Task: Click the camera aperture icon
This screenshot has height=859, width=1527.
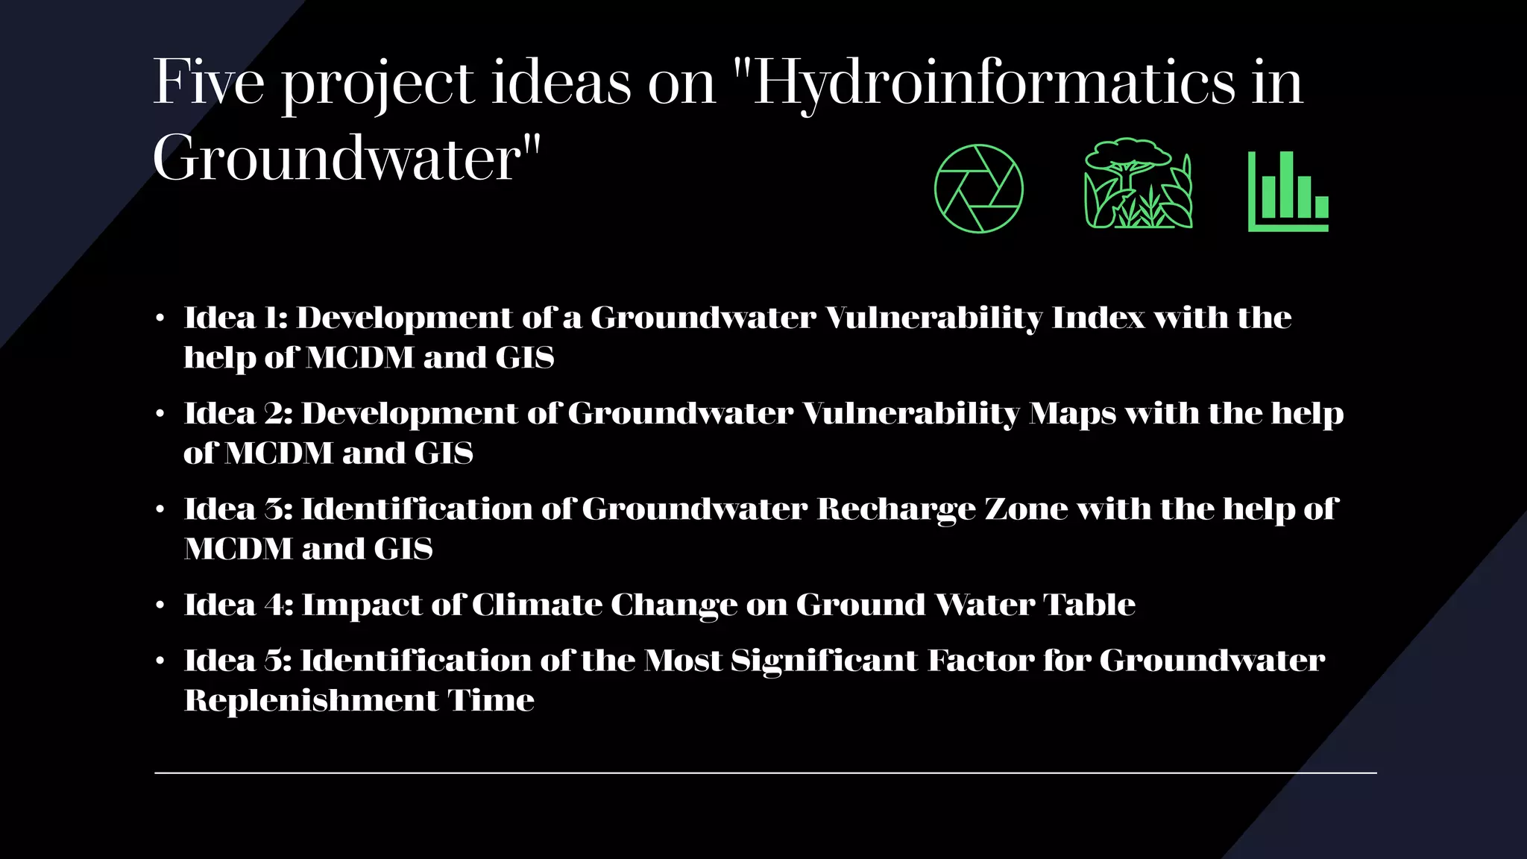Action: coord(978,189)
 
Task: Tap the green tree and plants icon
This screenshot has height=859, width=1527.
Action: coord(1138,183)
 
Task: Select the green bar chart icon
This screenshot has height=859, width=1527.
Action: coord(1288,192)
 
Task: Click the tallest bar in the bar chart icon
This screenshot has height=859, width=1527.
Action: coord(1286,184)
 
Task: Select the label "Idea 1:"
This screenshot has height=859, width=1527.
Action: coord(236,318)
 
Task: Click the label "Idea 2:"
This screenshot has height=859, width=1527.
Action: coord(238,413)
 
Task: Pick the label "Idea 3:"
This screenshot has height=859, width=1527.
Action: coord(238,509)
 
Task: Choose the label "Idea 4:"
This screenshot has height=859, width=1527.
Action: coord(238,605)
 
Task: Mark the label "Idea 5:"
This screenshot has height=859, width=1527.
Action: coord(238,661)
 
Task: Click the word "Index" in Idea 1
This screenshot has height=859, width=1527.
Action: coord(1098,318)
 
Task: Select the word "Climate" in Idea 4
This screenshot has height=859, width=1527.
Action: coord(537,605)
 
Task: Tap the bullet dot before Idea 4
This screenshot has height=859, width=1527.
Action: coord(160,605)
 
